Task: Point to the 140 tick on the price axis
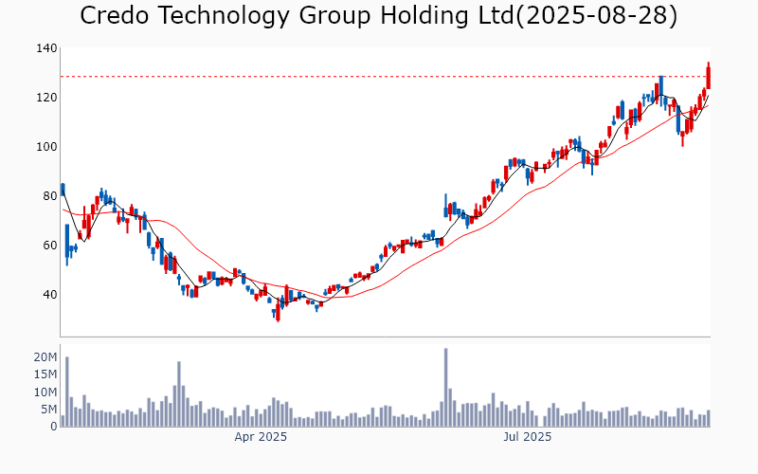click(47, 48)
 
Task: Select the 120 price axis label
click(47, 98)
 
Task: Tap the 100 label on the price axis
click(47, 147)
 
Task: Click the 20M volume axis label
click(46, 357)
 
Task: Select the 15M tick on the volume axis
click(46, 374)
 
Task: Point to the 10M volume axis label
click(46, 392)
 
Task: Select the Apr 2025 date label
click(261, 438)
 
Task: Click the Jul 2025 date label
click(528, 438)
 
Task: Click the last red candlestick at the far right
click(708, 76)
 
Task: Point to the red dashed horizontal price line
click(379, 77)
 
